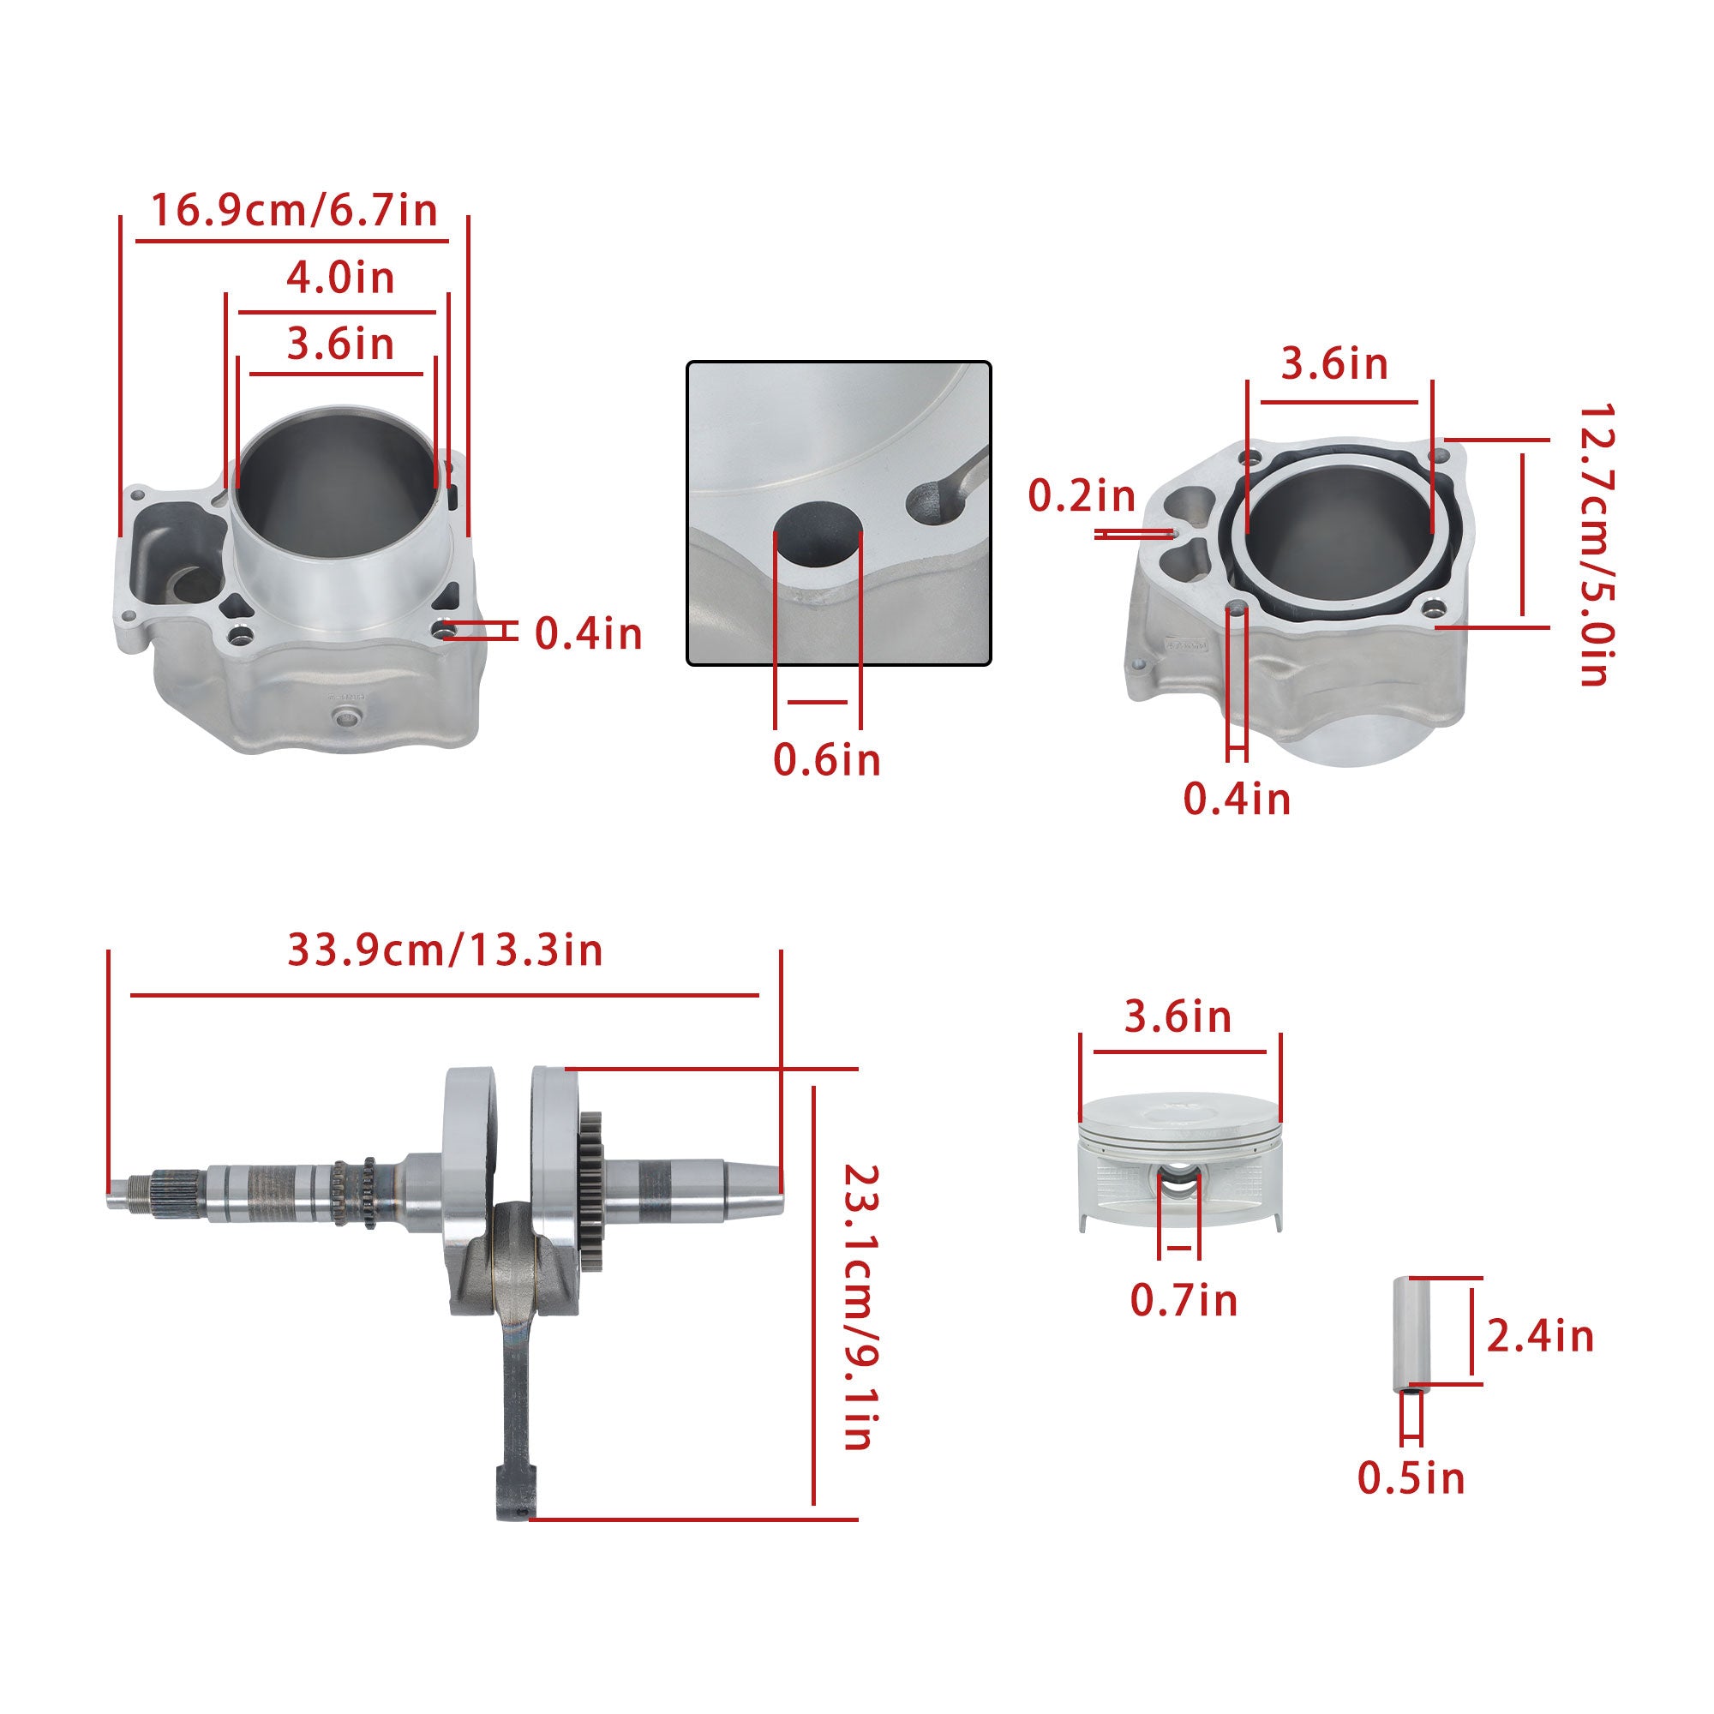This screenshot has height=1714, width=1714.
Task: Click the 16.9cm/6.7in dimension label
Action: click(295, 211)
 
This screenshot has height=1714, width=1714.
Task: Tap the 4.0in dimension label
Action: click(339, 278)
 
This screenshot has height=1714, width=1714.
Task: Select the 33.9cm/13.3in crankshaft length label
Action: click(446, 950)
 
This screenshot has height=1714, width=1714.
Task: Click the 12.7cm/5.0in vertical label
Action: click(1595, 546)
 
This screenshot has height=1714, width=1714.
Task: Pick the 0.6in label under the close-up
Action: click(827, 759)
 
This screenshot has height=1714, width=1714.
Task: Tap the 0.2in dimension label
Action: click(1082, 496)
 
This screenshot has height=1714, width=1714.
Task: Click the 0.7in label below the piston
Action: click(1184, 1301)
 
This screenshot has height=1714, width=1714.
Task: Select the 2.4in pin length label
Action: click(1540, 1336)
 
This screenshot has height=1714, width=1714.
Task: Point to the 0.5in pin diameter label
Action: click(1411, 1478)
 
